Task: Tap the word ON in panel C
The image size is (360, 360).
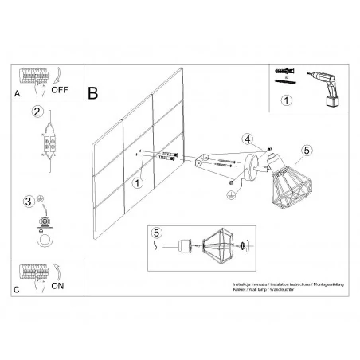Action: [x=58, y=284]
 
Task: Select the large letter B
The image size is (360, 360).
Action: [x=93, y=93]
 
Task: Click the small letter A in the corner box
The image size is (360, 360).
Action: [x=17, y=94]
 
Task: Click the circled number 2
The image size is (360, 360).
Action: [x=37, y=112]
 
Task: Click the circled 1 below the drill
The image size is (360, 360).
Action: [x=288, y=100]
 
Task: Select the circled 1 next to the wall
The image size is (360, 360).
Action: [x=137, y=183]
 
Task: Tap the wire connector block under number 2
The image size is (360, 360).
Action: [x=51, y=146]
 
